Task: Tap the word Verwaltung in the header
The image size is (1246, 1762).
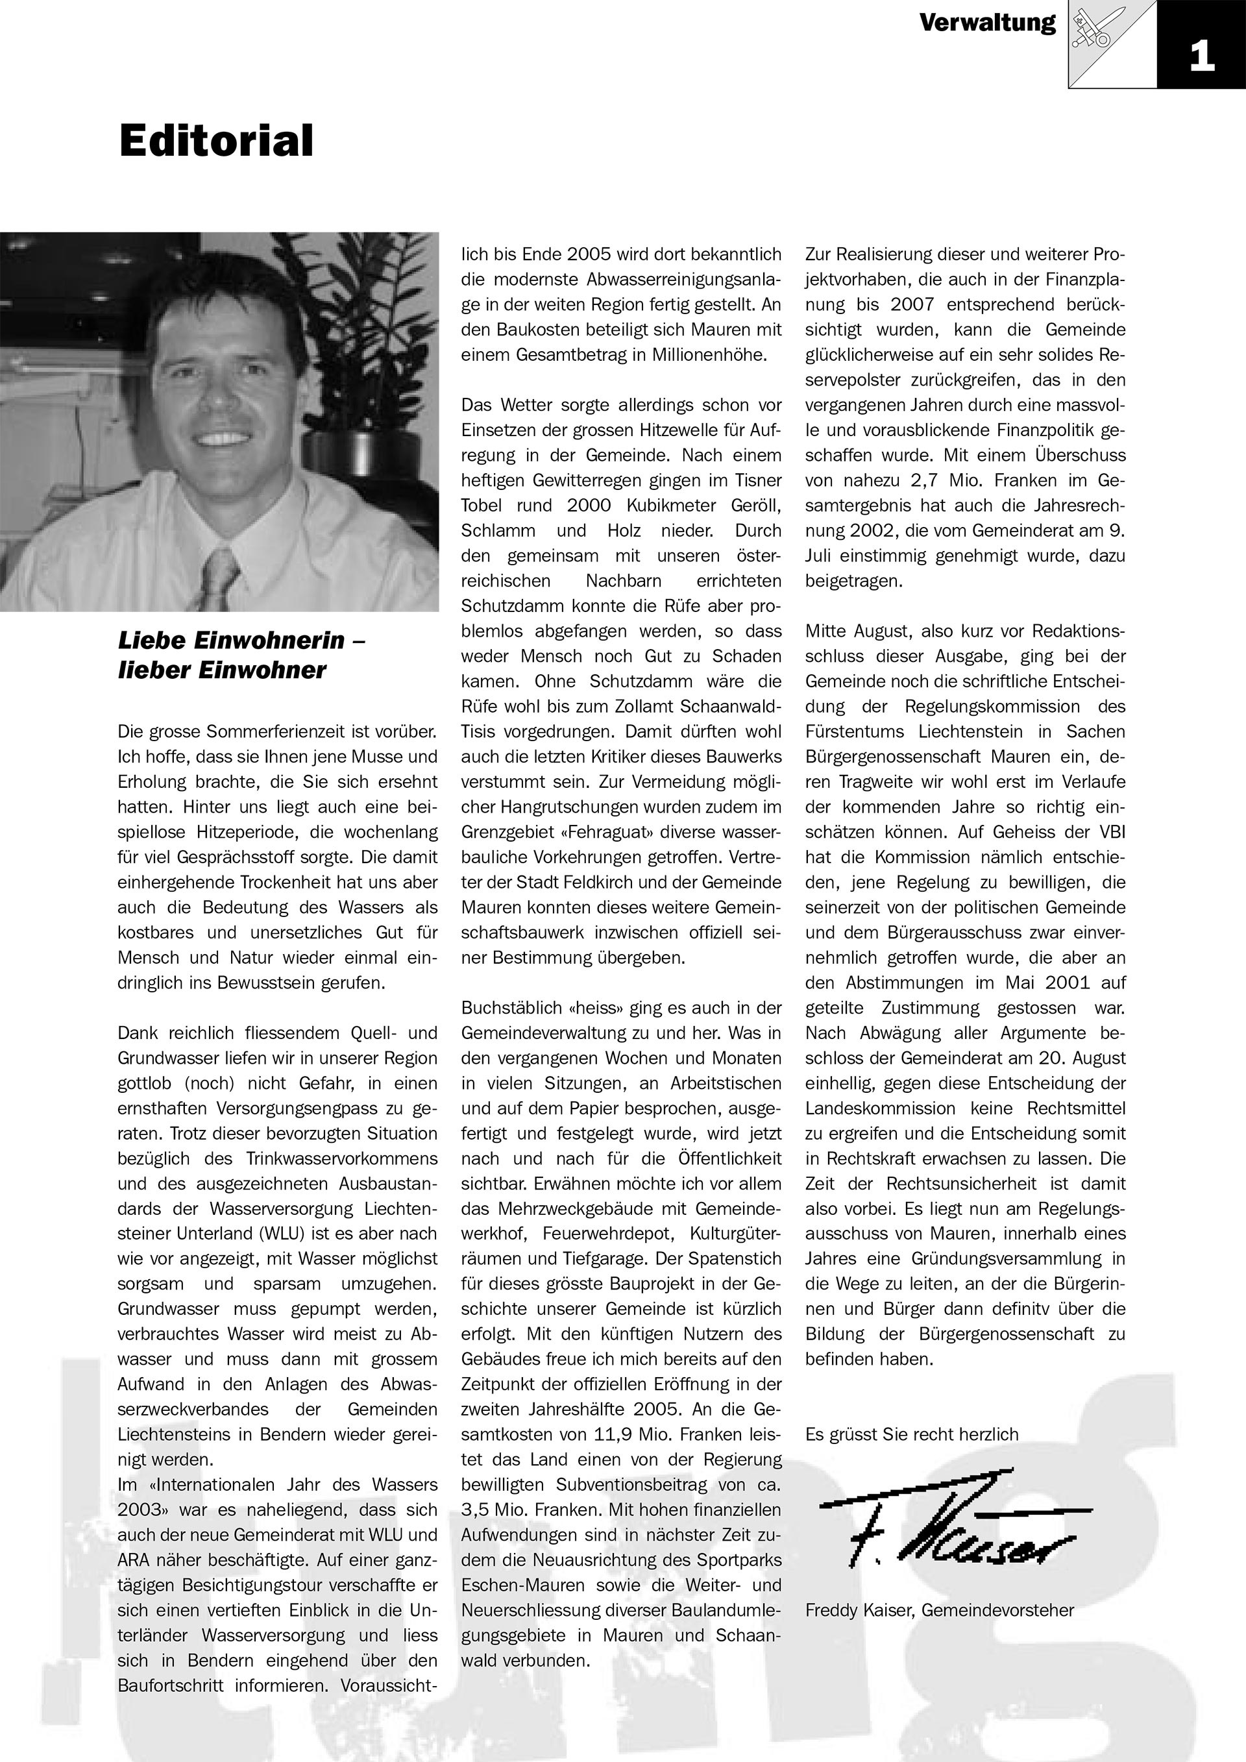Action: click(x=988, y=23)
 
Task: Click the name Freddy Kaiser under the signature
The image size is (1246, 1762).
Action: click(x=859, y=1610)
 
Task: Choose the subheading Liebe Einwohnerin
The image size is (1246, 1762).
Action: click(x=241, y=640)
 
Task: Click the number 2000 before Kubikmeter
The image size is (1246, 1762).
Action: click(x=589, y=506)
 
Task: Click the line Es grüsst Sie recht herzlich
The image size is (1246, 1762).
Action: click(x=912, y=1434)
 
